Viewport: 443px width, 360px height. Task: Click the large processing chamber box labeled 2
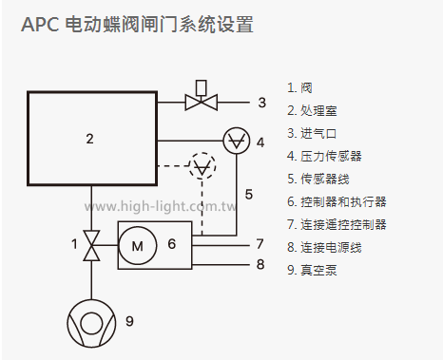click(x=89, y=139)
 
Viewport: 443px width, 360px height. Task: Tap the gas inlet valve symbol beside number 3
click(x=202, y=100)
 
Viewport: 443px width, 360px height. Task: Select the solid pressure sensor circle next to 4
click(x=234, y=141)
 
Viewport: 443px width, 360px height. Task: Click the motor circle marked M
click(x=137, y=245)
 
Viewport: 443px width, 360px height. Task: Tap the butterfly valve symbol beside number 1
click(x=91, y=245)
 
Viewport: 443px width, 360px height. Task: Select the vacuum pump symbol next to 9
click(x=91, y=320)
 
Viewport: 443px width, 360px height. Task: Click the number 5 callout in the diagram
click(x=248, y=195)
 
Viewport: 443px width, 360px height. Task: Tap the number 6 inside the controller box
click(x=171, y=244)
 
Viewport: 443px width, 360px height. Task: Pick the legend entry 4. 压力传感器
click(x=324, y=156)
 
